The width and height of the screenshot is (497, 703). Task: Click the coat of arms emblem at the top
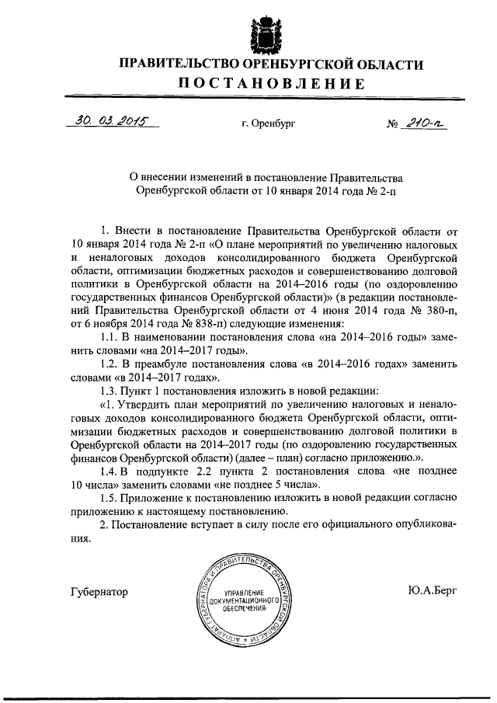(262, 30)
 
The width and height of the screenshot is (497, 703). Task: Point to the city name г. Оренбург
(269, 124)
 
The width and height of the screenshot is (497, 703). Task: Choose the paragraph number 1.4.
(110, 471)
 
